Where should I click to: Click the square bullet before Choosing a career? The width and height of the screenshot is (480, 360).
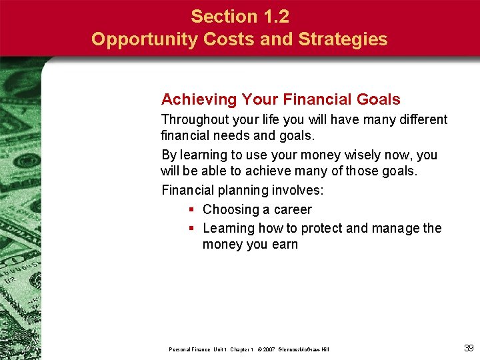tap(191, 209)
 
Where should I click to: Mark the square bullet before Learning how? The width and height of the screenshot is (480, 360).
tap(191, 228)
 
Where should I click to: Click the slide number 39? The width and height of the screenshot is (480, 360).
tap(468, 348)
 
